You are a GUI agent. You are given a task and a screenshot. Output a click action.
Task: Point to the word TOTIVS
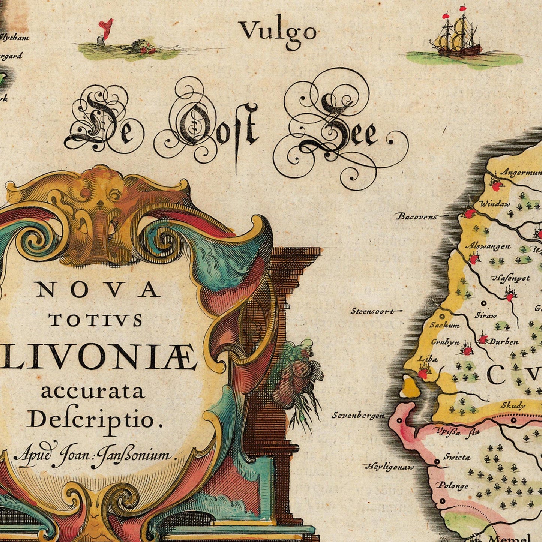pyautogui.click(x=96, y=320)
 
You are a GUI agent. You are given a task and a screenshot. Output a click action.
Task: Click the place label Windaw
pyautogui.click(x=495, y=204)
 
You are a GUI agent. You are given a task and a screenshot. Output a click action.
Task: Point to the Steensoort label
pyautogui.click(x=372, y=311)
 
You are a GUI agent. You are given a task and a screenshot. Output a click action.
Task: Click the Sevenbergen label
pyautogui.click(x=358, y=415)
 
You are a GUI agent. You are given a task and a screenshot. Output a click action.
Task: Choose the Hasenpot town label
pyautogui.click(x=511, y=278)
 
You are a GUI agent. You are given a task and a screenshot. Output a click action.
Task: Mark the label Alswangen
pyautogui.click(x=488, y=246)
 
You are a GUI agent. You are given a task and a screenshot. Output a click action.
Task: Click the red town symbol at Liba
pyautogui.click(x=423, y=373)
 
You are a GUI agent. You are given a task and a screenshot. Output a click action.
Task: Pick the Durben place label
pyautogui.click(x=504, y=342)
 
